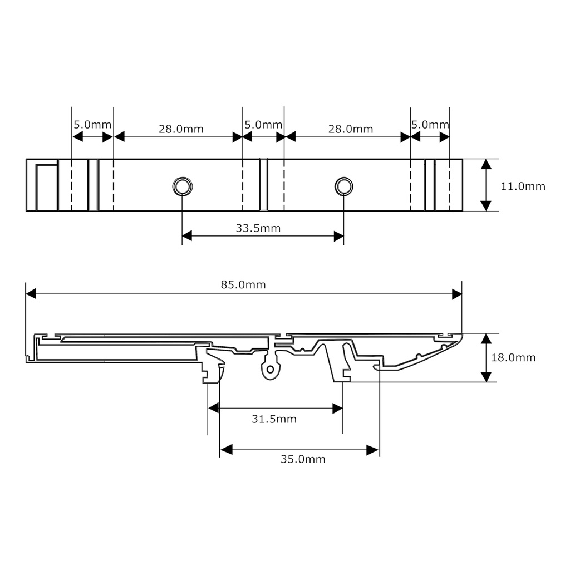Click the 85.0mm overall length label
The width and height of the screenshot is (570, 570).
pyautogui.click(x=243, y=285)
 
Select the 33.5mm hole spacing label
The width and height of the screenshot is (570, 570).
pyautogui.click(x=258, y=228)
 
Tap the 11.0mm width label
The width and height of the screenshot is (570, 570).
pyautogui.click(x=523, y=186)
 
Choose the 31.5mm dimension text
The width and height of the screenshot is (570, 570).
pyautogui.click(x=274, y=419)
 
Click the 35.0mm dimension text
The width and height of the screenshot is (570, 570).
pyautogui.click(x=303, y=459)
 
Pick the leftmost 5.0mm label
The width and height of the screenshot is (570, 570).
pyautogui.click(x=92, y=125)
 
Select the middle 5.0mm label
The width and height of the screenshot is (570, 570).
pyautogui.click(x=263, y=125)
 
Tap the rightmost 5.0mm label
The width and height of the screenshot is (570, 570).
pyautogui.click(x=430, y=125)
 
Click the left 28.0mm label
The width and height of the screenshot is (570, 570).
pyautogui.click(x=181, y=129)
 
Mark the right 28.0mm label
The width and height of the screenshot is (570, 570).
pyautogui.click(x=350, y=129)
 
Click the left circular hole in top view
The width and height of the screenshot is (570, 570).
pyautogui.click(x=182, y=186)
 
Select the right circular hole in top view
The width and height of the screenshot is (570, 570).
pyautogui.click(x=343, y=186)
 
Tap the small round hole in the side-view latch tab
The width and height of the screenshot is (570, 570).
pyautogui.click(x=270, y=369)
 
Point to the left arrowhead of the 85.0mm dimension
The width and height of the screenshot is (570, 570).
pyautogui.click(x=31, y=294)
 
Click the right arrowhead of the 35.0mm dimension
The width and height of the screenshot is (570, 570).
pyautogui.click(x=373, y=450)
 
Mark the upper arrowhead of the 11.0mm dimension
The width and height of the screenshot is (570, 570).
pyautogui.click(x=486, y=164)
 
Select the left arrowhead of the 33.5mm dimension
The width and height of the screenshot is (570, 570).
pyautogui.click(x=187, y=236)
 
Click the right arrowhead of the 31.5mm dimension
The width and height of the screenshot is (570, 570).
pyautogui.click(x=337, y=409)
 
